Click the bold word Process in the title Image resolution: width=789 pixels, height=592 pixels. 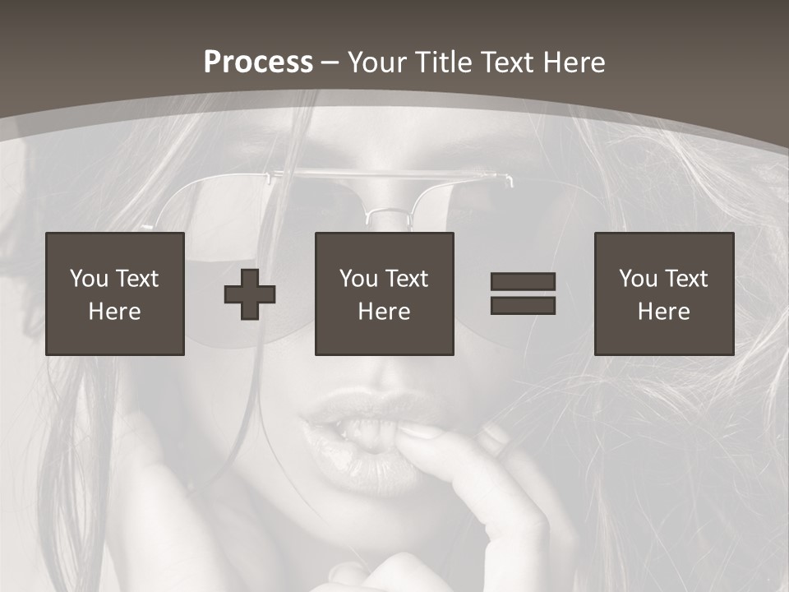(258, 62)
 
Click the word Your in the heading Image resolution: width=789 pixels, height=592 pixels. (377, 62)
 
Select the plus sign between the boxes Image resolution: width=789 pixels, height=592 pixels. (250, 294)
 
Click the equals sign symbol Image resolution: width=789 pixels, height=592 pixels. (523, 294)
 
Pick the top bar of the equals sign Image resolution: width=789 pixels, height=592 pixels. (523, 282)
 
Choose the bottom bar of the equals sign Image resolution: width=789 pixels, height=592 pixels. (523, 305)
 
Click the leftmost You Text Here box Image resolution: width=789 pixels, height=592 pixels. (115, 294)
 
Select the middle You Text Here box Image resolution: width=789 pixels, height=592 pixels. (385, 294)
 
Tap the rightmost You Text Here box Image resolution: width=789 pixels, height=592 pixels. (664, 294)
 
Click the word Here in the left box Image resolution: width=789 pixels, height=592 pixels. (115, 312)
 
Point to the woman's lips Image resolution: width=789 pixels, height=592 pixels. (362, 436)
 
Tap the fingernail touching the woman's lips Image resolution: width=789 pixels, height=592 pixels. (417, 430)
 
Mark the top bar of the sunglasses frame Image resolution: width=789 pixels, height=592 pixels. (386, 174)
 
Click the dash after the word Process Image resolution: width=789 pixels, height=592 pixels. (330, 62)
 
